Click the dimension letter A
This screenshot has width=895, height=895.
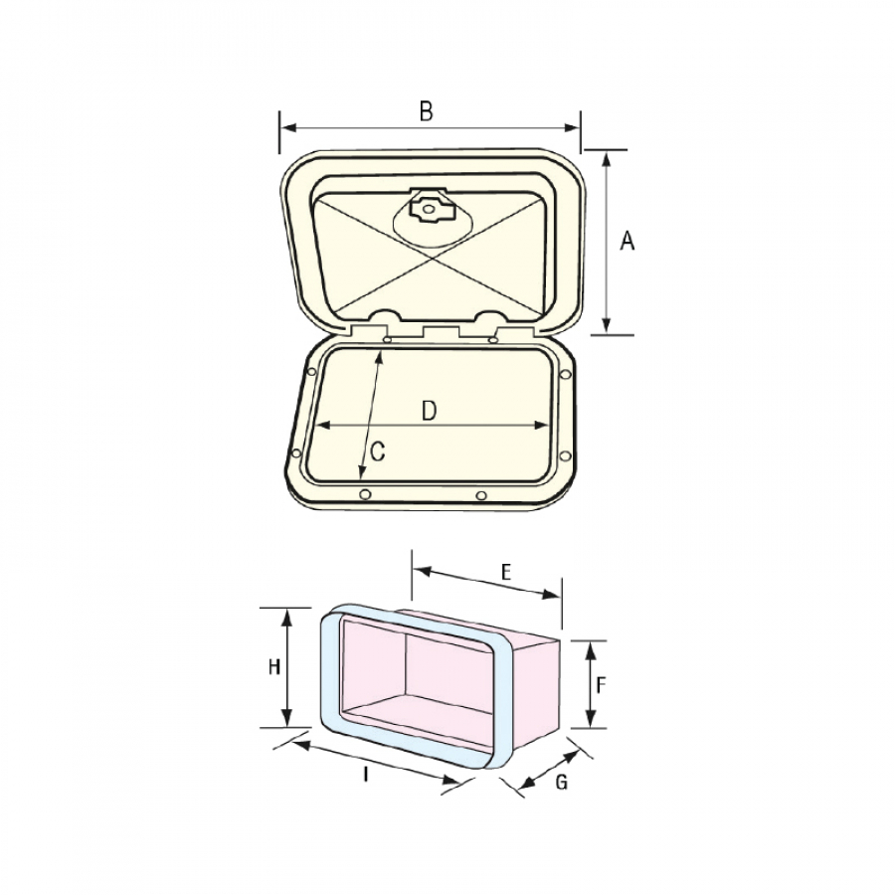tap(627, 241)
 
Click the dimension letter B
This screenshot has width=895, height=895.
tap(427, 111)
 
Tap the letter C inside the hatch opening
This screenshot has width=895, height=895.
tap(377, 452)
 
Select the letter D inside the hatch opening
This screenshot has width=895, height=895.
tap(429, 411)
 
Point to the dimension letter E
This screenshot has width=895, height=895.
tap(506, 572)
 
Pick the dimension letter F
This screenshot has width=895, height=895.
tap(601, 685)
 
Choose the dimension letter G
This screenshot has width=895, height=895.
tap(562, 782)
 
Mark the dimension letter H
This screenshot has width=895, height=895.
tap(274, 666)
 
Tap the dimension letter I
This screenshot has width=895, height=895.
tap(366, 775)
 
